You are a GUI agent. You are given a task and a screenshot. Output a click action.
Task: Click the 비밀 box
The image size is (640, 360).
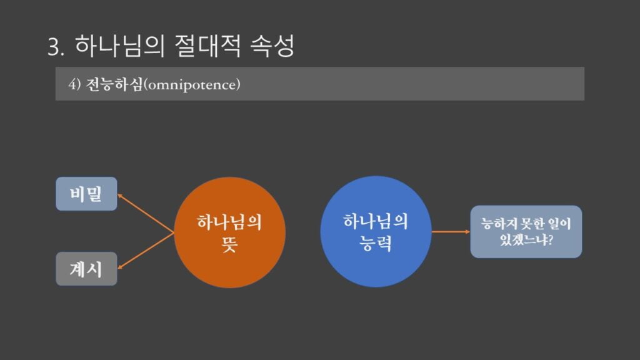coord(86,194)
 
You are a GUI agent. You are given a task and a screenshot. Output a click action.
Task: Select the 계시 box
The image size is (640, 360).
coord(86,269)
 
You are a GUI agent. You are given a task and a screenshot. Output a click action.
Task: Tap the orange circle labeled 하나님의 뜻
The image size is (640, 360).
coord(230,232)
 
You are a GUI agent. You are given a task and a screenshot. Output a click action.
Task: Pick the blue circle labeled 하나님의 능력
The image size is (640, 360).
coord(376,231)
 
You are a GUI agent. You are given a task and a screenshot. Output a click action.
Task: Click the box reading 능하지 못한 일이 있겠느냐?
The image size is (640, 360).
coord(526,231)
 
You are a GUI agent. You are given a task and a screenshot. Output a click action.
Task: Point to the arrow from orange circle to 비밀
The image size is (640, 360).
coord(146,214)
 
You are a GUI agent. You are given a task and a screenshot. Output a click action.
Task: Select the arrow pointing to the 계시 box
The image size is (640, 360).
coord(146,251)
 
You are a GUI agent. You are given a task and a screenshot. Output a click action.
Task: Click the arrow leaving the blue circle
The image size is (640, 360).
coord(451,231)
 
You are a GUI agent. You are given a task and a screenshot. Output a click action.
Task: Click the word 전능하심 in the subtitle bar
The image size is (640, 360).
coord(114,84)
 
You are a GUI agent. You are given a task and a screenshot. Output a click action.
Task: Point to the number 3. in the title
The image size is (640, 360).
coord(56,46)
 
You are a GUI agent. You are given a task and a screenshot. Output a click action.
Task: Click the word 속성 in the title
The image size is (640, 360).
coord(272,46)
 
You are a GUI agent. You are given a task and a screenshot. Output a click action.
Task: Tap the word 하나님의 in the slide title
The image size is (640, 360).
coord(119,46)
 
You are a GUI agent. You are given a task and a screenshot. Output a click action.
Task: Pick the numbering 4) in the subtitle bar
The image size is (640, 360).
coord(75,84)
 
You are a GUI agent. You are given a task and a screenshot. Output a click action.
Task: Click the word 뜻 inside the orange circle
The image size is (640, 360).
coord(229,244)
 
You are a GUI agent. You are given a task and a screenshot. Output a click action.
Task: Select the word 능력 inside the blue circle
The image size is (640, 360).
coord(376,243)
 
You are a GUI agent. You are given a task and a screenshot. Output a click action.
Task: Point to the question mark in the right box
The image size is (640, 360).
coord(550,239)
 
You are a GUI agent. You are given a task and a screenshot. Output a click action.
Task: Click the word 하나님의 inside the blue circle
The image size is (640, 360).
coord(376,221)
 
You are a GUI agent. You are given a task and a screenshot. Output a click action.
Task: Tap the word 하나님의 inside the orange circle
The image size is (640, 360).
coord(229,222)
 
